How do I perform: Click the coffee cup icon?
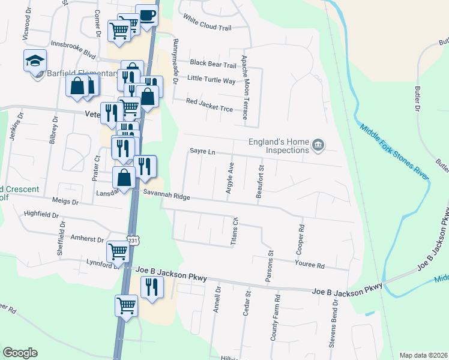point(146,15)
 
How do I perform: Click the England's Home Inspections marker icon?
point(319,145)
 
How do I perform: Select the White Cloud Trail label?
point(207,23)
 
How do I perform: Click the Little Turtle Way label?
point(211,80)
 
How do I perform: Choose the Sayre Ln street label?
point(202,152)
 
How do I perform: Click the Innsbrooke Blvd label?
point(73,47)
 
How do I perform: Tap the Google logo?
point(20,353)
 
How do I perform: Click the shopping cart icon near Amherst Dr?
point(118,251)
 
